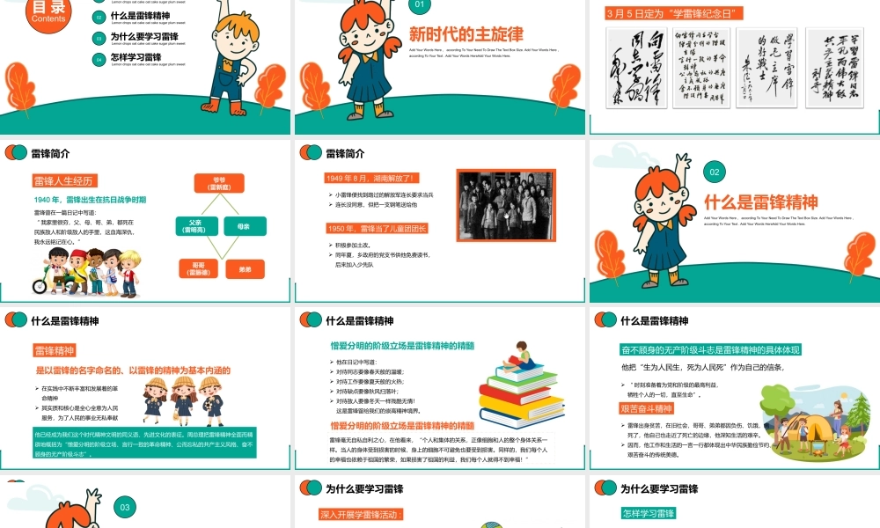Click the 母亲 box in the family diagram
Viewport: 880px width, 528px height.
(x=245, y=226)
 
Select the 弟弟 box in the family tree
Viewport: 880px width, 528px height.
(x=245, y=269)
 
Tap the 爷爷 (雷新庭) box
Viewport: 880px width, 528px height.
(x=219, y=183)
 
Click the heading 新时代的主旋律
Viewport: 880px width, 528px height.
(x=466, y=34)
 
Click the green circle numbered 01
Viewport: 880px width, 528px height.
(x=420, y=5)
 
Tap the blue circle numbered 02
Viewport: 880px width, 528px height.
(x=716, y=173)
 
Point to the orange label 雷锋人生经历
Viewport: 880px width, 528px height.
(x=62, y=181)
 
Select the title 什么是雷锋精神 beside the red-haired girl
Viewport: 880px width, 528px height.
(x=760, y=201)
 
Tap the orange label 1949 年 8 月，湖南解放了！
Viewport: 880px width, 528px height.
(x=373, y=178)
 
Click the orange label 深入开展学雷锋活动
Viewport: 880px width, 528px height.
(x=361, y=515)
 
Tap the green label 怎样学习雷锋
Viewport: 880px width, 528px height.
(x=648, y=514)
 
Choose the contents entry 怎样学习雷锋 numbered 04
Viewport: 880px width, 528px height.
(x=136, y=57)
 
